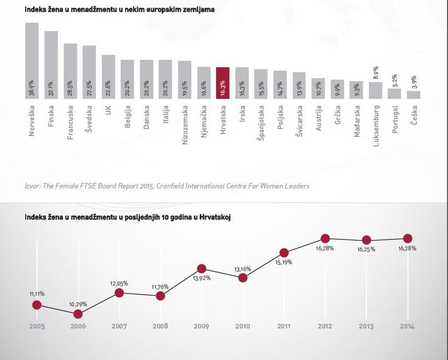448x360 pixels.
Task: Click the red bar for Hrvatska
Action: [223, 83]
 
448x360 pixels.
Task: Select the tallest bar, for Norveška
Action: [32, 61]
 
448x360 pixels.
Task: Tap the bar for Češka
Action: [413, 94]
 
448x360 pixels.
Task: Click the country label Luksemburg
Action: [376, 126]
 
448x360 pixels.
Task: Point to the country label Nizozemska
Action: [185, 125]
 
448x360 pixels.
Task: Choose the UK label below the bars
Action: [109, 110]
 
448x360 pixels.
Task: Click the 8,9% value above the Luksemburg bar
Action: [376, 73]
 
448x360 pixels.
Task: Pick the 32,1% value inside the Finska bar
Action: [51, 89]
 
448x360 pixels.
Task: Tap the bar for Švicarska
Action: [299, 85]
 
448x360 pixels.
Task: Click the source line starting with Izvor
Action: [167, 186]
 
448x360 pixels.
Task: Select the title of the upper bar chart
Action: [119, 10]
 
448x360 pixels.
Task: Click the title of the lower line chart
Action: [128, 217]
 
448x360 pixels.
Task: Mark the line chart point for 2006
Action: [78, 314]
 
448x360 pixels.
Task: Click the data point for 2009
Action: [202, 269]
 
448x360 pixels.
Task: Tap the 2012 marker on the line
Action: [325, 238]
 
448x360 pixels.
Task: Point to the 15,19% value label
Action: [284, 262]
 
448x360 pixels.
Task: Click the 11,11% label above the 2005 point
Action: [37, 294]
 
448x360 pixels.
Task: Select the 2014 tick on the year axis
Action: [407, 327]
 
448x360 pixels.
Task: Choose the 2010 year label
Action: [243, 327]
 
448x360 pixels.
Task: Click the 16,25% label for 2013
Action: [366, 249]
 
